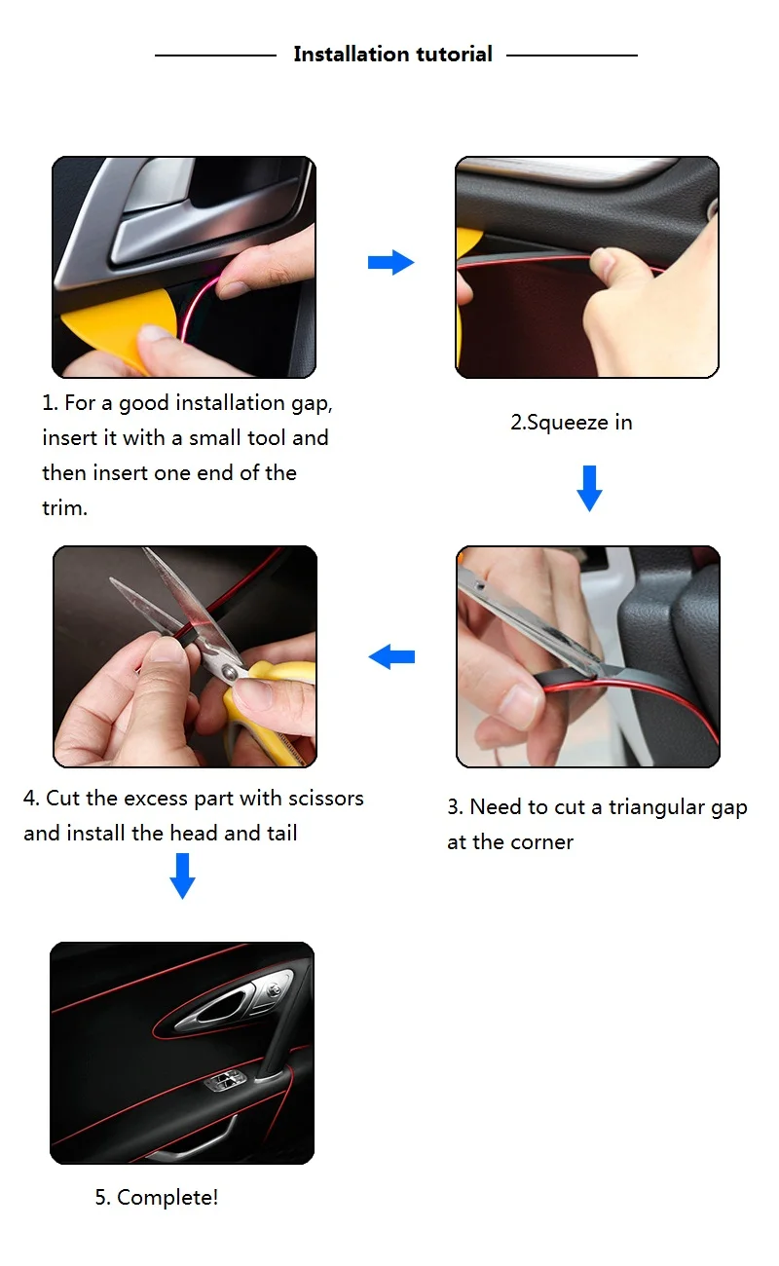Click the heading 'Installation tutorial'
click(x=392, y=55)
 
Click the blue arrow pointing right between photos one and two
click(x=390, y=262)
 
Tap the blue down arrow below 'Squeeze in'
click(x=589, y=488)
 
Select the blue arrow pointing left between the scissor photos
click(x=391, y=656)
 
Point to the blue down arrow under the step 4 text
click(x=182, y=876)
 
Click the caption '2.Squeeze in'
click(x=571, y=423)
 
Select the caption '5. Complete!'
click(x=157, y=1197)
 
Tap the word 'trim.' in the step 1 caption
click(x=65, y=507)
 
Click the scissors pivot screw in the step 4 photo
click(x=229, y=672)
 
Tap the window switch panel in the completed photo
click(x=225, y=1081)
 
